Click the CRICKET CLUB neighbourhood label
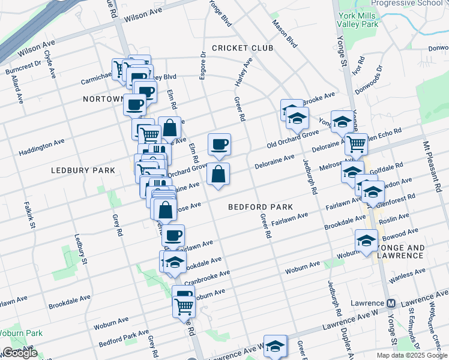[242, 48]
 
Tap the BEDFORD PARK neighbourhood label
[261, 207]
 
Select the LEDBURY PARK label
[83, 170]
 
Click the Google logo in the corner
[19, 353]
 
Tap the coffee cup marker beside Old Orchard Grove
[219, 144]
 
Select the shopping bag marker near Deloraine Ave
[218, 175]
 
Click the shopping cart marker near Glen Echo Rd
[357, 144]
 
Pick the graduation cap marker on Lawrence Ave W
[275, 346]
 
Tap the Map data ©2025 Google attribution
[411, 355]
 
